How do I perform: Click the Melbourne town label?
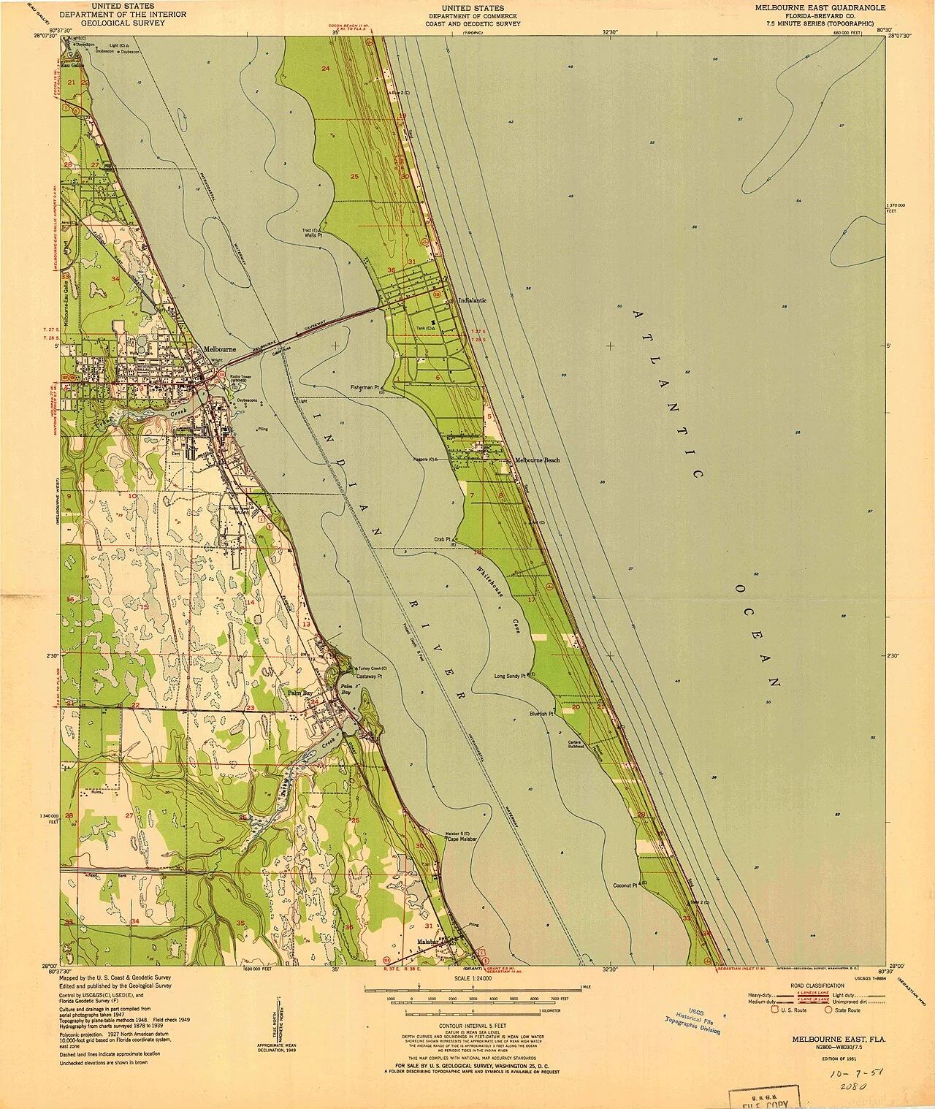[220, 349]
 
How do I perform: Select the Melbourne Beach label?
[537, 460]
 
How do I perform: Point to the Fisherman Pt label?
[366, 387]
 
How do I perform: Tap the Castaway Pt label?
[370, 677]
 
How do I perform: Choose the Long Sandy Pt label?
[510, 676]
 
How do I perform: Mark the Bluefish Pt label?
[543, 714]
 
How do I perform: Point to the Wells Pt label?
[313, 236]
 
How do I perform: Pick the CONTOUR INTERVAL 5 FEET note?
[473, 1026]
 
